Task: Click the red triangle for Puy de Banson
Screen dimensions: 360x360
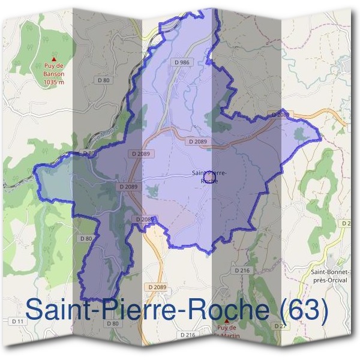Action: pos(55,59)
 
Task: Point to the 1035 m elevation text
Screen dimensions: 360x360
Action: pos(54,83)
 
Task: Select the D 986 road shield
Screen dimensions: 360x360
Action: pos(181,62)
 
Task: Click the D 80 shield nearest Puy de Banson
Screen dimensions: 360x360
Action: pos(103,80)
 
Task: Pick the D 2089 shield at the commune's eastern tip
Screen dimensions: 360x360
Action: pos(281,115)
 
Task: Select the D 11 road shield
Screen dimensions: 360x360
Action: pos(19,322)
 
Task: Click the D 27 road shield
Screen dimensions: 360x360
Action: pos(278,326)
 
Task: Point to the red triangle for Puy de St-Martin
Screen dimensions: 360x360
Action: pos(227,322)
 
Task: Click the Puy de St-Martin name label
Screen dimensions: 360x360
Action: pos(226,331)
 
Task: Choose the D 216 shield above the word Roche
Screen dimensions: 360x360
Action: pos(242,271)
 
